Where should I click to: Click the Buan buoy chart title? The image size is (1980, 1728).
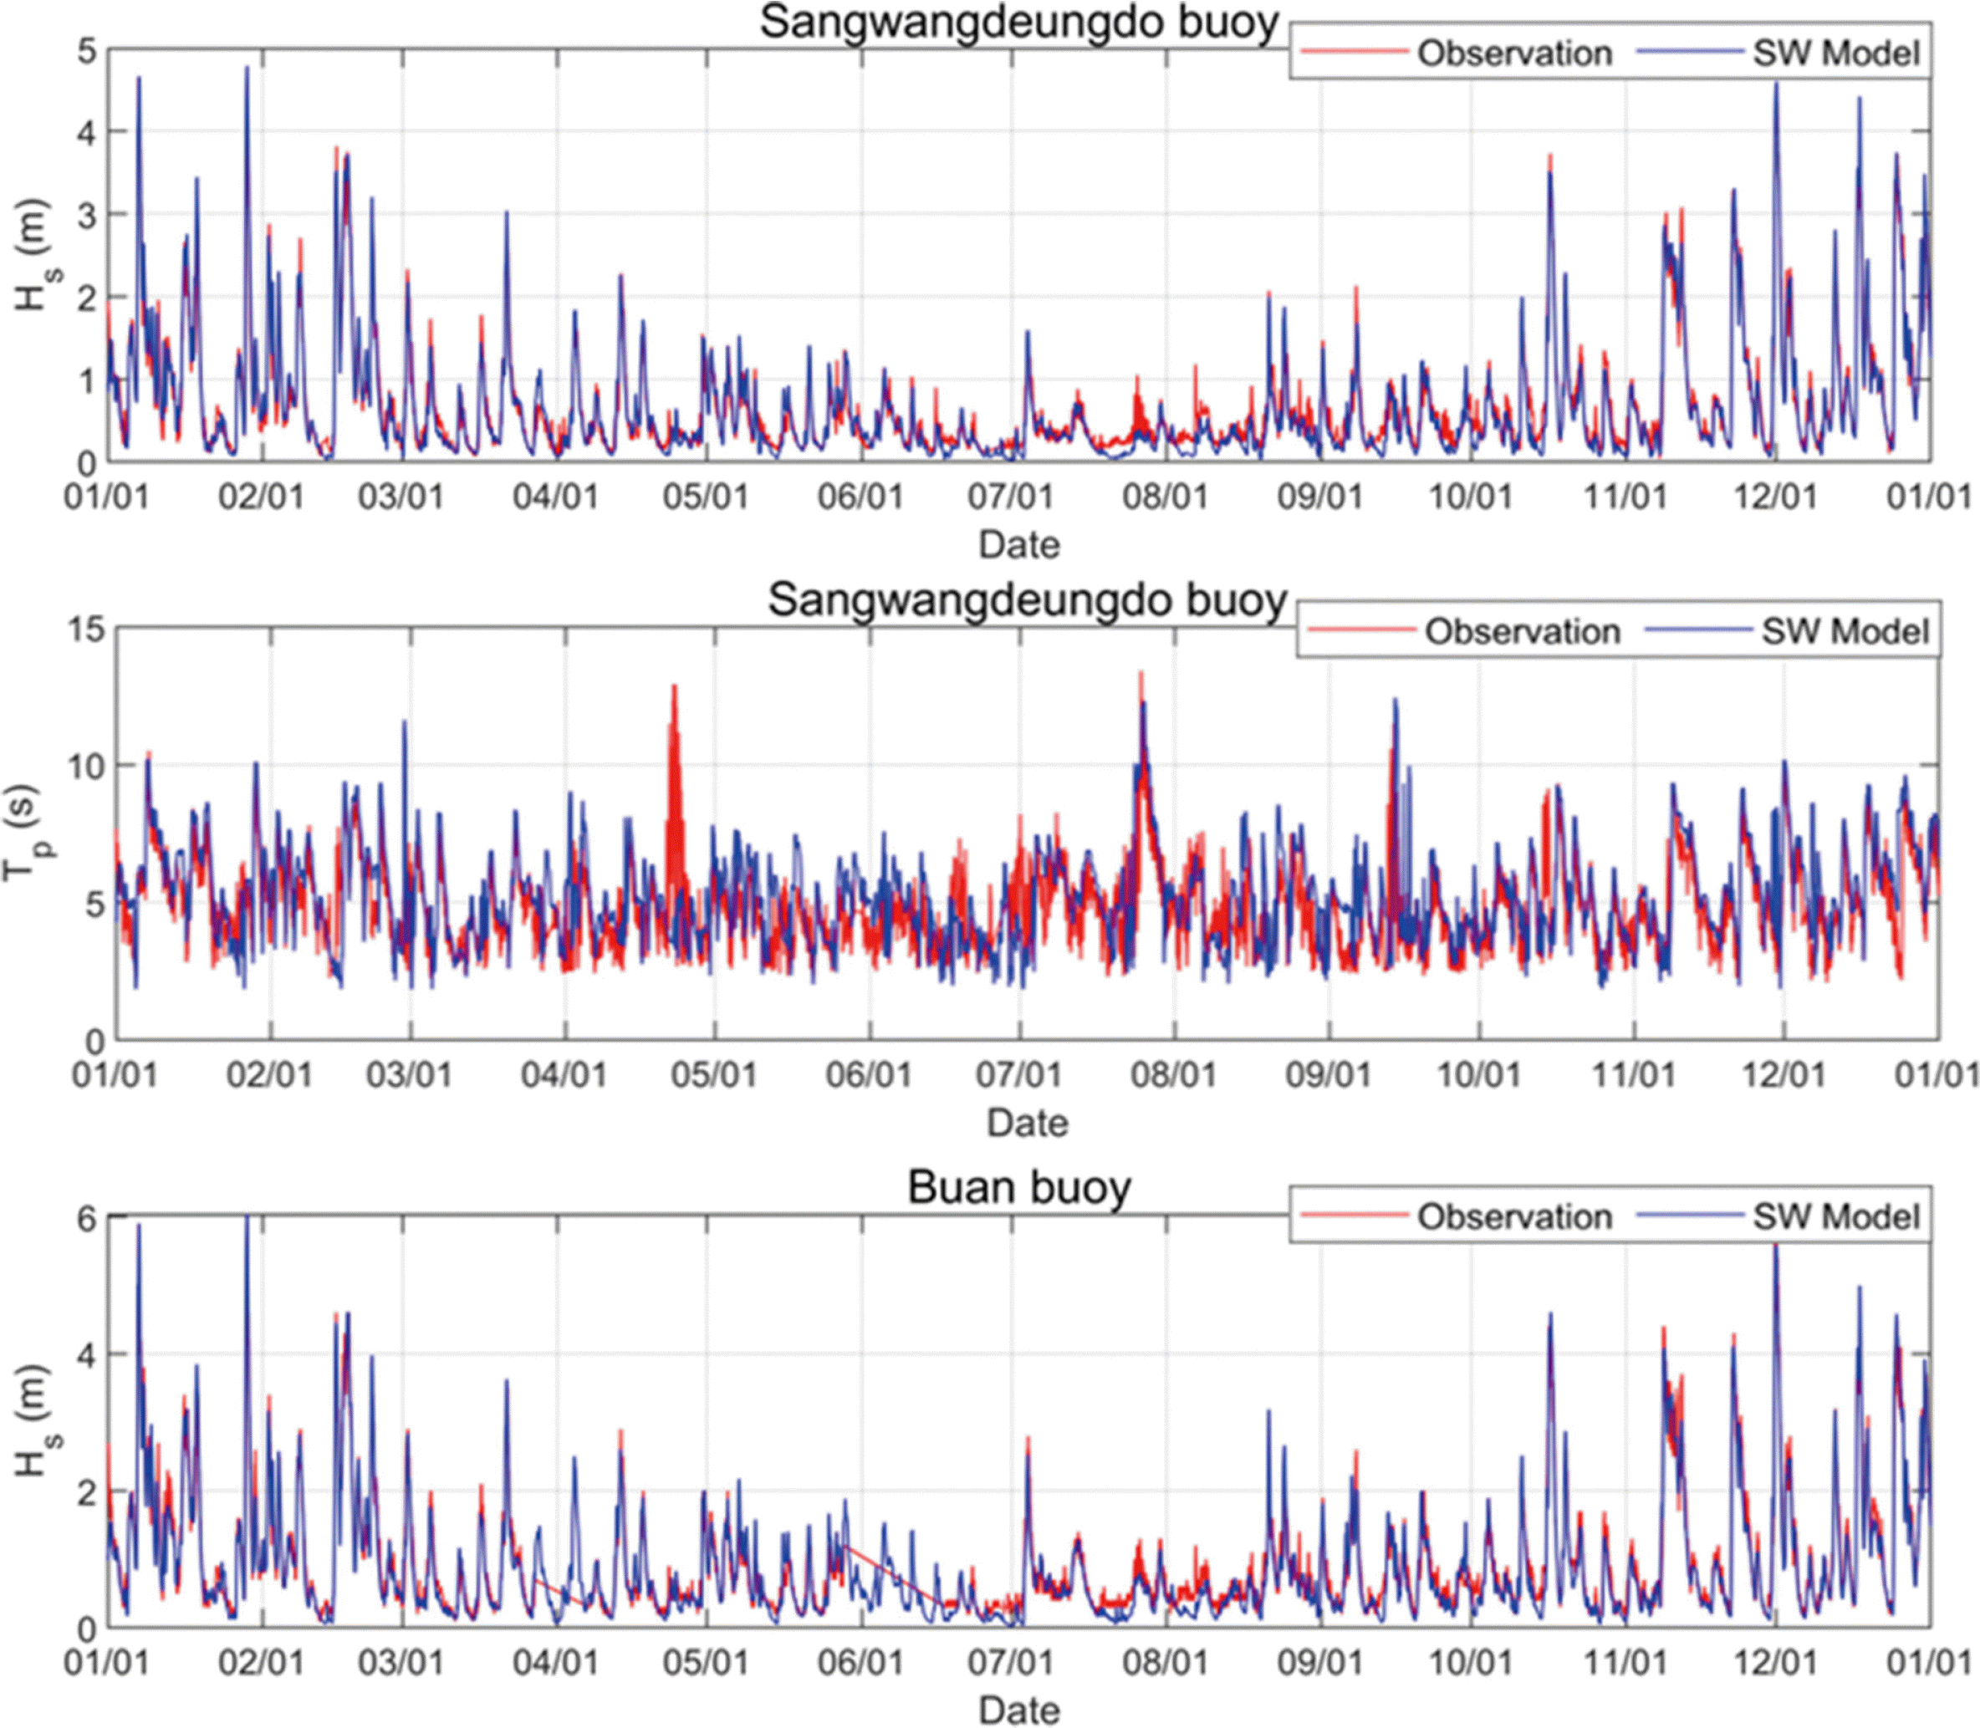coord(1018,1187)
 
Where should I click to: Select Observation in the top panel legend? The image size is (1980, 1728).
coord(1514,53)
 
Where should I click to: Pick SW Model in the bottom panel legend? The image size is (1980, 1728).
coord(1836,1217)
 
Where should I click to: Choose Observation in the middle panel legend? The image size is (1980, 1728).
coord(1522,632)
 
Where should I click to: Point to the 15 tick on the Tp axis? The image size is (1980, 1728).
coord(85,630)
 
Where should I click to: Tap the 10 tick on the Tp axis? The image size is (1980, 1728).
coord(85,767)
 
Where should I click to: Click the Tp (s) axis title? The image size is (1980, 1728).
coord(23,832)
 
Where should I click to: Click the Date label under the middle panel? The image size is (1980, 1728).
coord(1027,1123)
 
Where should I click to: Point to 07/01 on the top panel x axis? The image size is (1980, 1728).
coord(1012,497)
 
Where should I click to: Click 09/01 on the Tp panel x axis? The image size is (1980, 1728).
coord(1328,1074)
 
